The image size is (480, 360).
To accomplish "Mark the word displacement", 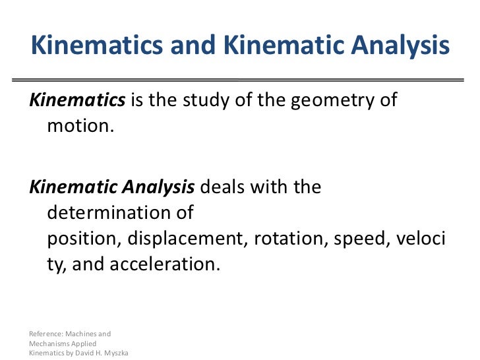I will pyautogui.click(x=185, y=238).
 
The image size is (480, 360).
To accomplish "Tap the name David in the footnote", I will pyautogui.click(x=83, y=353).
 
